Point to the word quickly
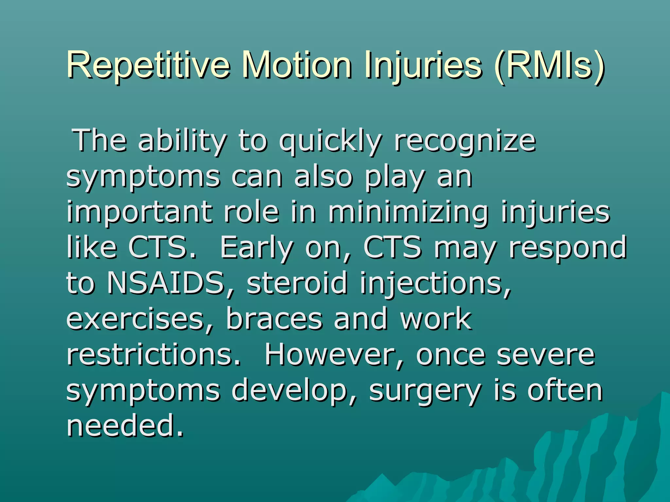(330, 141)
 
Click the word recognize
(465, 141)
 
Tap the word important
(139, 212)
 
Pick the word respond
(568, 248)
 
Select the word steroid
(296, 283)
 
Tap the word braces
(274, 319)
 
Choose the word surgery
(425, 391)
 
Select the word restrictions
(153, 355)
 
